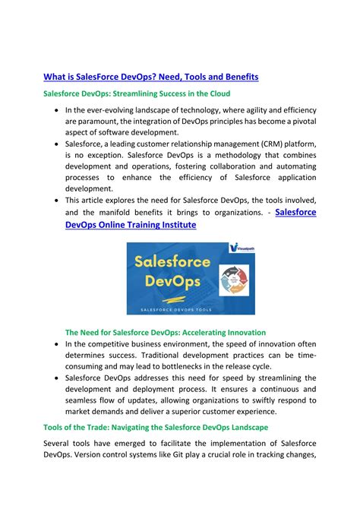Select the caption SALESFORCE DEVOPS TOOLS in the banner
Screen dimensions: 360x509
(179, 308)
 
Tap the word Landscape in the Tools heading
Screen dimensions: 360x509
(248, 428)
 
